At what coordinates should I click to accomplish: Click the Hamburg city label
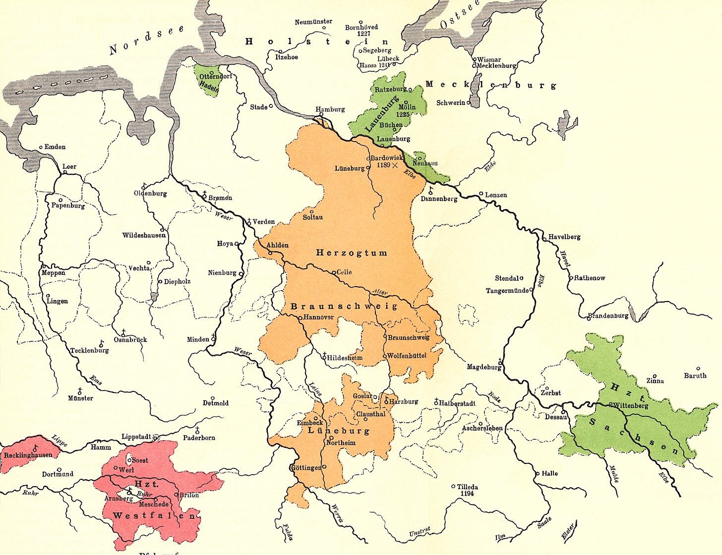click(x=330, y=109)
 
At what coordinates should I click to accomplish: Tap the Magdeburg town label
click(x=483, y=367)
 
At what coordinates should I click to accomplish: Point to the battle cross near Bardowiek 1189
click(x=395, y=165)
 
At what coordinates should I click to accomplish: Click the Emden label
click(x=55, y=147)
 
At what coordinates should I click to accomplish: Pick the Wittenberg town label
click(x=631, y=405)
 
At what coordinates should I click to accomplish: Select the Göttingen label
click(x=305, y=467)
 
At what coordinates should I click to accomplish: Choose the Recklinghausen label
click(x=28, y=455)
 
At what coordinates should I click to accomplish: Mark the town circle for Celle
click(x=334, y=272)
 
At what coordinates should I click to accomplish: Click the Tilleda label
click(x=467, y=487)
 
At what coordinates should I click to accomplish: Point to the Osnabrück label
click(x=130, y=340)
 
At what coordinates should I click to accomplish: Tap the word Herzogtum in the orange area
click(x=352, y=253)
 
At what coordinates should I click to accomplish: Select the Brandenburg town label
click(x=608, y=316)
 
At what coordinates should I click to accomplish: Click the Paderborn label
click(x=199, y=438)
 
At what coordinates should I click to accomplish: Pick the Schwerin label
click(x=451, y=103)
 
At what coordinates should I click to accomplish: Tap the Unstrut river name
click(x=420, y=532)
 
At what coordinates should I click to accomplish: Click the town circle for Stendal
click(x=521, y=278)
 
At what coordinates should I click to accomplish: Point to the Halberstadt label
click(x=457, y=404)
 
